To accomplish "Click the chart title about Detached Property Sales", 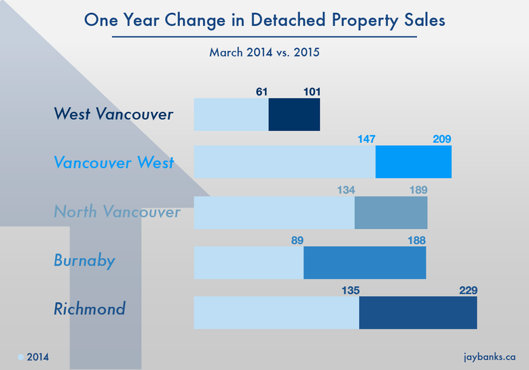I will point(264,20).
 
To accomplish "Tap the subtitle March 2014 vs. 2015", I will point(264,52).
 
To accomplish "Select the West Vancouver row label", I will point(113,114).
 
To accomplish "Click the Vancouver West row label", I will point(113,163).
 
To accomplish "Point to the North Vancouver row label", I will point(117,212).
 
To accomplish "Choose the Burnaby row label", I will point(84,261).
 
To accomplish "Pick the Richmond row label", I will point(90,309).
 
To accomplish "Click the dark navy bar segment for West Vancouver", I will point(294,115).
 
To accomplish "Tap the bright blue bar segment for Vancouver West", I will point(413,162).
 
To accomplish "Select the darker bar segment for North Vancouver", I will point(390,213).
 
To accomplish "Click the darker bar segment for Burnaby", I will point(365,262).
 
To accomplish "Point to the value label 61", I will point(261,91).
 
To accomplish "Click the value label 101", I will point(312,91).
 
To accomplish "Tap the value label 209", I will point(441,139).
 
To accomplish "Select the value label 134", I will point(346,190).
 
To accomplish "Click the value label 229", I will point(467,290).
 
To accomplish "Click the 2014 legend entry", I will point(34,357).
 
